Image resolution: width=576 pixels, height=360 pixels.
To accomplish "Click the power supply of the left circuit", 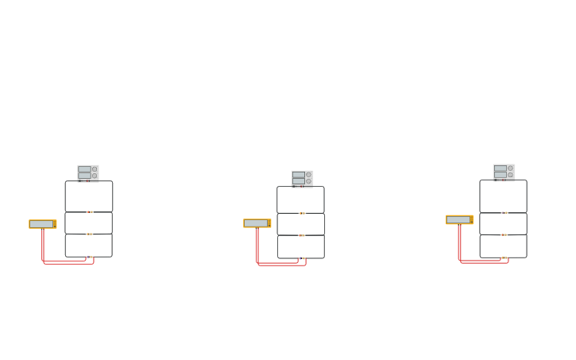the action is click(88, 172).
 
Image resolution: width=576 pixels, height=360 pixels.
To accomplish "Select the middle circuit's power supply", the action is click(302, 178).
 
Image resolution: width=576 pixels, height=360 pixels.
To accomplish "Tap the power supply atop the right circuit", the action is click(504, 172).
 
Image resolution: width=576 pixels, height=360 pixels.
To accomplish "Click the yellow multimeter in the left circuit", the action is click(43, 224).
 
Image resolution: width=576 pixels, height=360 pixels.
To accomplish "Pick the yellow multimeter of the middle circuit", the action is click(257, 223).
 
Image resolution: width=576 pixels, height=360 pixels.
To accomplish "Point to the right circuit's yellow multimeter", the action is click(459, 219).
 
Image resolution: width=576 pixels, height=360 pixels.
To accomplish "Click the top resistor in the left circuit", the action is click(90, 211).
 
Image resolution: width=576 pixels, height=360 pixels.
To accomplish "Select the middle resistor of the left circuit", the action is click(90, 234).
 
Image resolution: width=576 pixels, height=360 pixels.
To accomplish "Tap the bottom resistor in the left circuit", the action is click(90, 257).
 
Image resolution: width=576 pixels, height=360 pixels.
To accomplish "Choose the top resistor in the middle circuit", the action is click(302, 213).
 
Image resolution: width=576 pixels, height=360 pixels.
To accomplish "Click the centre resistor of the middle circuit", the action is click(302, 235).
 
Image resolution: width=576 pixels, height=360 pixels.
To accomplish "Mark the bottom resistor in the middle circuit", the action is click(302, 257).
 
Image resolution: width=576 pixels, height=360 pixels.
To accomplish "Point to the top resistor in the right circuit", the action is click(504, 212).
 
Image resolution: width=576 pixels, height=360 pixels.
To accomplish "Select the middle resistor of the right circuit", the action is click(504, 234).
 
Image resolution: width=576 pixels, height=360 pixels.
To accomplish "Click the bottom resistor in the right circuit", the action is click(504, 257).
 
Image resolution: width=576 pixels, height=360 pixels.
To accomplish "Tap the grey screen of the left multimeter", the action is click(41, 224).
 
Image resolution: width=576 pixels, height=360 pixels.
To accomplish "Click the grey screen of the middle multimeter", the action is click(256, 223).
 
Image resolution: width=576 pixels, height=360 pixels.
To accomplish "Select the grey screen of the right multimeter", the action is click(458, 219).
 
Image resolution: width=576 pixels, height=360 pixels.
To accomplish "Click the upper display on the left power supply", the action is click(84, 169).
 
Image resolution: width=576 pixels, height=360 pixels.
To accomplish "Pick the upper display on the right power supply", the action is click(500, 168).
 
